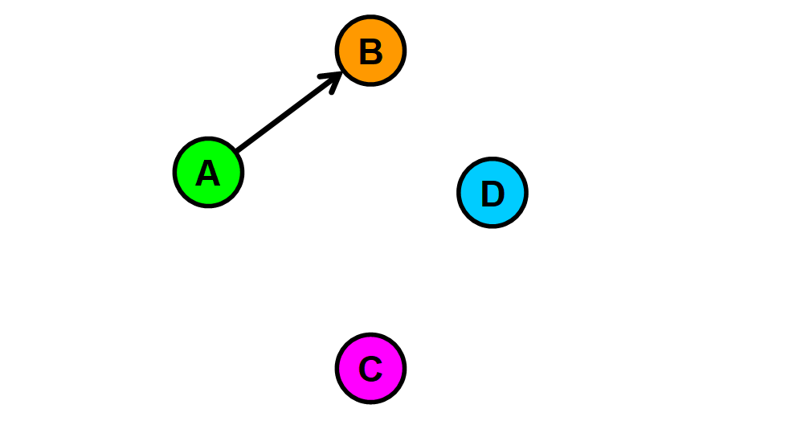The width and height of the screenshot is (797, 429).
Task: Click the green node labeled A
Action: (208, 173)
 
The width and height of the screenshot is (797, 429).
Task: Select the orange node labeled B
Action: (370, 51)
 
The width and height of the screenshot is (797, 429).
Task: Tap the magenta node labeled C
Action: (370, 369)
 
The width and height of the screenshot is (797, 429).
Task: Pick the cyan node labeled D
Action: (493, 193)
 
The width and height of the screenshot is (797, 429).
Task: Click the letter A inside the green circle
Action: (208, 174)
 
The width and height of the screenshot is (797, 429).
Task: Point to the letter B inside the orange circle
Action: (370, 52)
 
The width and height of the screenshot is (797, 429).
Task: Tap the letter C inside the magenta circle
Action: (370, 370)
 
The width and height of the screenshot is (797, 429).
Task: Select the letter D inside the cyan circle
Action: (493, 194)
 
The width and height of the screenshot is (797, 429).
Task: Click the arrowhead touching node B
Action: (336, 78)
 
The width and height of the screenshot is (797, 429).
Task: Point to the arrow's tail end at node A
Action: (238, 150)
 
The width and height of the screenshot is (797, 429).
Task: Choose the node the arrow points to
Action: (370, 51)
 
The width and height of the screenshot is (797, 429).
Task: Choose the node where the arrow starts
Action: (208, 173)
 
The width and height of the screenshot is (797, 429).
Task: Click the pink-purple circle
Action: (370, 369)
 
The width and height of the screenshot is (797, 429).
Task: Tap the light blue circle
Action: (493, 193)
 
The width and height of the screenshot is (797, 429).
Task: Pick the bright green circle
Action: (208, 173)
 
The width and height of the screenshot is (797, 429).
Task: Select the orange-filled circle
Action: (370, 51)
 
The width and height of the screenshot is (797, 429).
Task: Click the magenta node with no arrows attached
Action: (370, 369)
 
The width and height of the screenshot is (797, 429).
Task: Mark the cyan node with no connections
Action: (493, 193)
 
